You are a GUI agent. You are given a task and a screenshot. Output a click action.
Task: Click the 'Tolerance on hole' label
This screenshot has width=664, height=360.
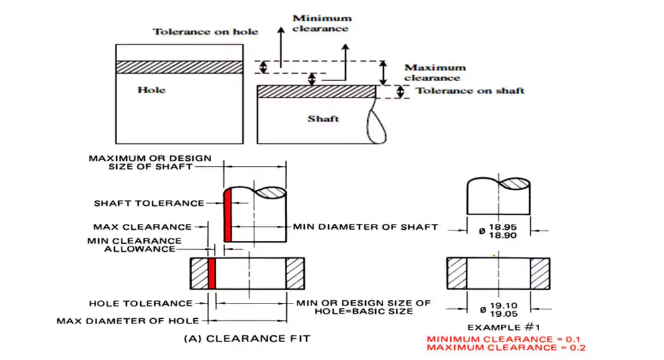(x=205, y=31)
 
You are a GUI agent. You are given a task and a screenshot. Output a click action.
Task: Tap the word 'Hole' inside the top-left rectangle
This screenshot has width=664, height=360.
(x=151, y=89)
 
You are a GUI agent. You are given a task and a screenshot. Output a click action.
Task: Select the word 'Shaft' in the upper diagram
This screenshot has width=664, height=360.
(x=323, y=118)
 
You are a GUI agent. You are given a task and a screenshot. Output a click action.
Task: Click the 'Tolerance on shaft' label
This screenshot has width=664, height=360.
(x=469, y=90)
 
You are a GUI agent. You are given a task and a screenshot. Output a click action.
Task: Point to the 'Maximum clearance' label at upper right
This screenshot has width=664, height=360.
(x=435, y=72)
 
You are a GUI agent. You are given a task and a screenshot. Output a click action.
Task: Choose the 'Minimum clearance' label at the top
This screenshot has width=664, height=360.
(x=321, y=23)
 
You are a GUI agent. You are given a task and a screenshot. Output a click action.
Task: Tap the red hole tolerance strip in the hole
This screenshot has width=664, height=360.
(x=212, y=273)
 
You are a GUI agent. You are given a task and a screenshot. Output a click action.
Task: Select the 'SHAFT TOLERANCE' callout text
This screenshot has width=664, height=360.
(x=149, y=203)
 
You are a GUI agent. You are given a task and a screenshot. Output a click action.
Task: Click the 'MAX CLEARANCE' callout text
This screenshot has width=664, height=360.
(x=142, y=227)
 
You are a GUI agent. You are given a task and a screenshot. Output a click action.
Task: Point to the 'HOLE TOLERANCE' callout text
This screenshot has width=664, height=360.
(x=140, y=304)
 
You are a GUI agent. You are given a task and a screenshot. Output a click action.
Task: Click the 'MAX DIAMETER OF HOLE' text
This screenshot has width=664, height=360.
(x=127, y=321)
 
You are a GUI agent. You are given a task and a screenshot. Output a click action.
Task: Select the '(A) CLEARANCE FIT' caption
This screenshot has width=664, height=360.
(x=246, y=338)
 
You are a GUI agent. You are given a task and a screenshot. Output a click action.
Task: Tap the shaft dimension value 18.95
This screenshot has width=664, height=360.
(x=503, y=226)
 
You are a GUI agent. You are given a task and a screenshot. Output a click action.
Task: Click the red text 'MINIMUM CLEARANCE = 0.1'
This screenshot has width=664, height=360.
(x=506, y=339)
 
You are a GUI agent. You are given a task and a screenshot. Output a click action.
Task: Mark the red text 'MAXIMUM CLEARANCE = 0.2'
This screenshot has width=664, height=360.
(x=506, y=347)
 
